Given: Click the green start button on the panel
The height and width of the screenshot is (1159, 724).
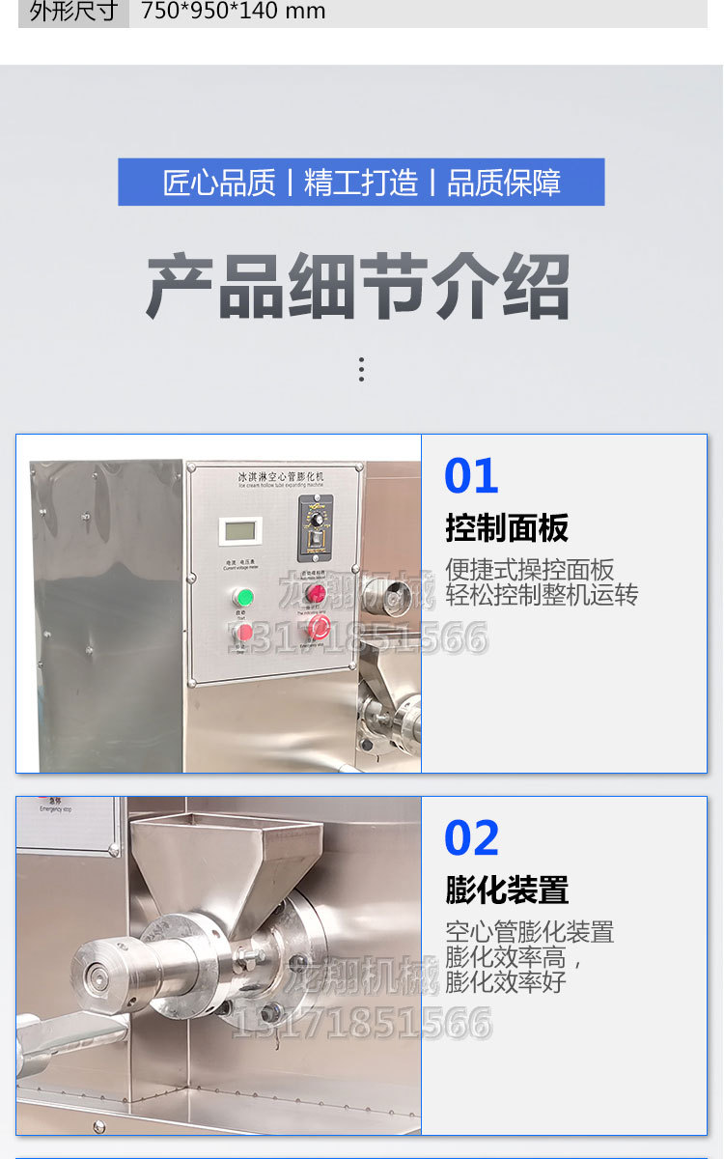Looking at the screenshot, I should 245,596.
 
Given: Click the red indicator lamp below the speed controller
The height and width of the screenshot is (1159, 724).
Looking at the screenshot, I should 316,593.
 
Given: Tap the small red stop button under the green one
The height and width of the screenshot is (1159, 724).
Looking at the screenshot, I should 245,633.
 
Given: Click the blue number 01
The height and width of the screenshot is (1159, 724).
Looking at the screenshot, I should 471,476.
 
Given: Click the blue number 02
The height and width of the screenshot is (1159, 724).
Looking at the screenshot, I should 471,838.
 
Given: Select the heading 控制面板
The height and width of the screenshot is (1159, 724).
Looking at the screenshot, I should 507,528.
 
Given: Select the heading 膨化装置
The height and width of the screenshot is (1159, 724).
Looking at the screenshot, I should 507,890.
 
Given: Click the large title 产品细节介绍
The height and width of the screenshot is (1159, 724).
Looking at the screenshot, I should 359,287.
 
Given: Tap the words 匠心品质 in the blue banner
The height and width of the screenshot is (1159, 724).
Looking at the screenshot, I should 219,183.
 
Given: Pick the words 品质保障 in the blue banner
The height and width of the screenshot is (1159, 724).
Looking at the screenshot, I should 504,183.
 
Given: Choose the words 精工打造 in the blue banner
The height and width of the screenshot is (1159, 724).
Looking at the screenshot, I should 361,183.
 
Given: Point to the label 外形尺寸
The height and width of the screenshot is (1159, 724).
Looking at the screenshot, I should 73,12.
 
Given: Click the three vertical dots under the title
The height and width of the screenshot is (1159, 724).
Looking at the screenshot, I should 361,369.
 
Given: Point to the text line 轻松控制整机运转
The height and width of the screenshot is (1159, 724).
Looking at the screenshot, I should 542,595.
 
